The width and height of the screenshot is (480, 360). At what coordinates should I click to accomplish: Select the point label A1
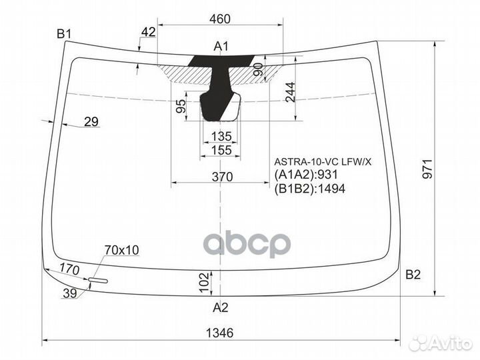click(221, 46)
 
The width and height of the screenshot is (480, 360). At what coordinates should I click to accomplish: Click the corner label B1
click(64, 33)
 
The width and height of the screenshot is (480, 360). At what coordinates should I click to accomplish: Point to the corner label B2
click(413, 274)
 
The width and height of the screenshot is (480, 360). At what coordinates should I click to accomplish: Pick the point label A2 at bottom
click(220, 307)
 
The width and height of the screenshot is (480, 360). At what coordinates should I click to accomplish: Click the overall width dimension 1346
click(219, 333)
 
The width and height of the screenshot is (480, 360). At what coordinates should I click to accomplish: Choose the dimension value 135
click(221, 137)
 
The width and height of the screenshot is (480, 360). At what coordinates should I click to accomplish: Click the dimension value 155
click(221, 151)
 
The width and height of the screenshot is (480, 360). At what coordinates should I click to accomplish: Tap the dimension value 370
click(221, 177)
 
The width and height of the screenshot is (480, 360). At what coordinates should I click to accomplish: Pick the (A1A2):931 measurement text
click(304, 175)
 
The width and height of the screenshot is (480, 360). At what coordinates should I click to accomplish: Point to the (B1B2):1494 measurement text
click(307, 189)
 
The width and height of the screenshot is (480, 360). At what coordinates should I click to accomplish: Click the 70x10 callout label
click(121, 250)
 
